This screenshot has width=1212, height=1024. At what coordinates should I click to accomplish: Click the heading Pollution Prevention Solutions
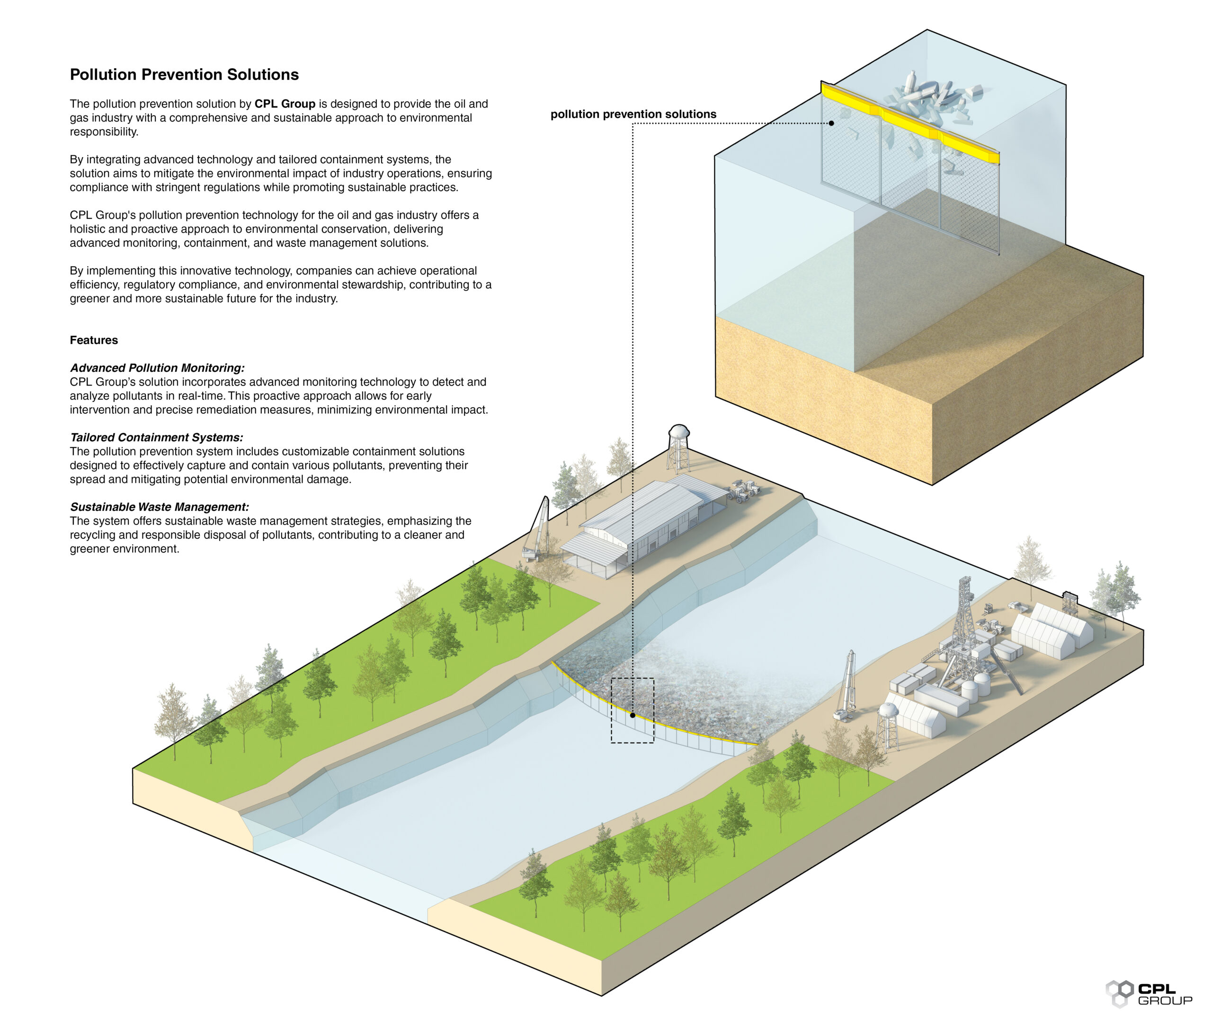184,74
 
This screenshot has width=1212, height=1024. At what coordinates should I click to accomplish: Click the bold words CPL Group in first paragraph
284,104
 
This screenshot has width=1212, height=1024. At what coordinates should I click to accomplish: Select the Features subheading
94,340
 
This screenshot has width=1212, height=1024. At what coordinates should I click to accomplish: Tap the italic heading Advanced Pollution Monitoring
157,368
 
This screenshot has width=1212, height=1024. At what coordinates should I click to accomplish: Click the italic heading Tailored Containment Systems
156,438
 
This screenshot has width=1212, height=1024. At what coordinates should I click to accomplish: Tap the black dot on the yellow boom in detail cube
831,123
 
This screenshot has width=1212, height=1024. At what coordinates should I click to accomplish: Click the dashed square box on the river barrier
632,710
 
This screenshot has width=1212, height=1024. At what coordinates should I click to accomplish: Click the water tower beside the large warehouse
678,447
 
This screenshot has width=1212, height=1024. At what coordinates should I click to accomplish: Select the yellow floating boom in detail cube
909,122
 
